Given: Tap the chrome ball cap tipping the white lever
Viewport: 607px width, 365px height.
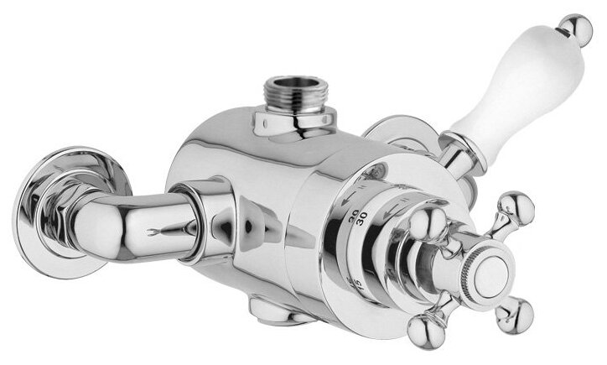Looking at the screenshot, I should tap(576, 30).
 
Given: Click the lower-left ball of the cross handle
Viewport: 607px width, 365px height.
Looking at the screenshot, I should tap(421, 326).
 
